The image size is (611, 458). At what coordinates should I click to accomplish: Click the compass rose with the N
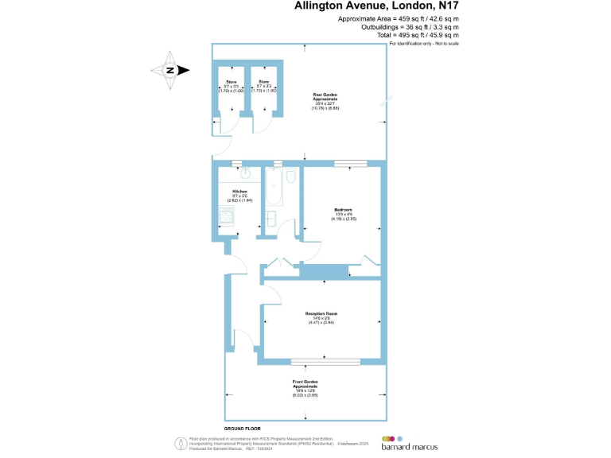(170, 70)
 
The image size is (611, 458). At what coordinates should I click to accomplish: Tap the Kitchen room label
(239, 192)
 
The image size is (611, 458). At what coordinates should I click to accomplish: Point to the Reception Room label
(322, 313)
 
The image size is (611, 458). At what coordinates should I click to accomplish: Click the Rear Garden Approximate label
(325, 96)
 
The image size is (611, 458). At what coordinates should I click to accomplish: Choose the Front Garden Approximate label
(305, 384)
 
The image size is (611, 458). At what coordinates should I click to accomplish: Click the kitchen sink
(246, 173)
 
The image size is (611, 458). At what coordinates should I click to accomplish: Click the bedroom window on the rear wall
(351, 164)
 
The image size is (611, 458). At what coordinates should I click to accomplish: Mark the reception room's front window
(323, 362)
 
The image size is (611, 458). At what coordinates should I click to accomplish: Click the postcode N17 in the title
(443, 7)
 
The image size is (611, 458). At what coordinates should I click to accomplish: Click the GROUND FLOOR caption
(243, 428)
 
